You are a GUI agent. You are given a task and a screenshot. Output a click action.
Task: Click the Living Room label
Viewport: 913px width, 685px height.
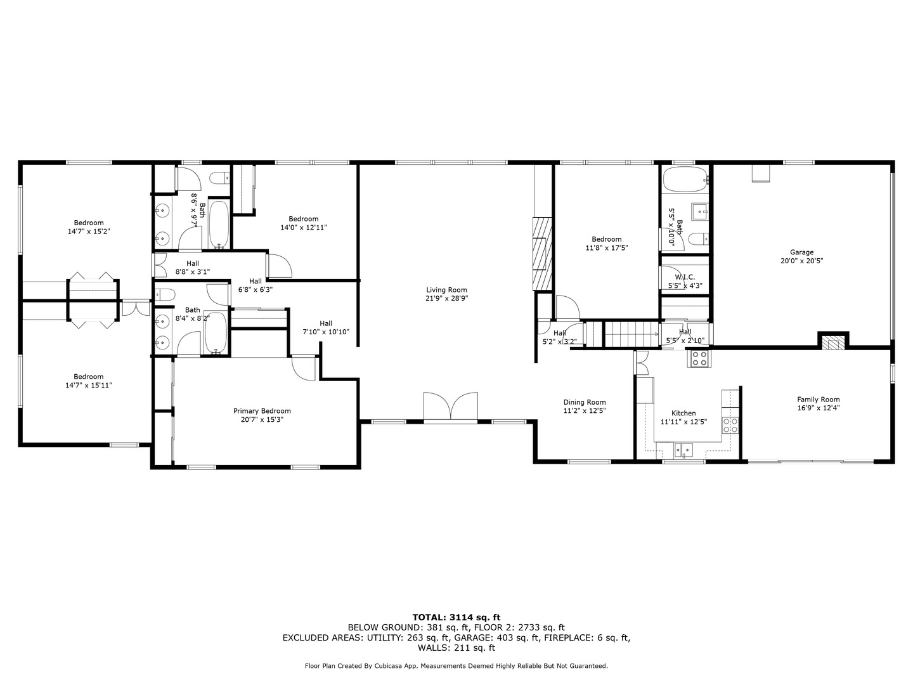click(446, 290)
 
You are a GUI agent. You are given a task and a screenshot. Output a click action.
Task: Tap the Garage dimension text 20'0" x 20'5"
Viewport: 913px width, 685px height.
click(801, 261)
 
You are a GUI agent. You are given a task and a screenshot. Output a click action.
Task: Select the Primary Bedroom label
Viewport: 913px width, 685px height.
click(262, 411)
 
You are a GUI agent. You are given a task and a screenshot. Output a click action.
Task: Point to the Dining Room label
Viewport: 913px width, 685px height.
click(585, 402)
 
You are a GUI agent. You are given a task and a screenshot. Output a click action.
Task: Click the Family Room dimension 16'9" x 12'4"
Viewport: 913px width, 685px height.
click(818, 408)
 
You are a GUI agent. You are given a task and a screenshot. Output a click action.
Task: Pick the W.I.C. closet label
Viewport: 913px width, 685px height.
click(685, 277)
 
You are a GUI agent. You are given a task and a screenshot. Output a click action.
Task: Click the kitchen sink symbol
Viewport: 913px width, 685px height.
click(683, 450)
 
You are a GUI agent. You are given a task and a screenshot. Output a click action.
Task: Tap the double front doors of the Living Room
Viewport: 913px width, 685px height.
click(450, 406)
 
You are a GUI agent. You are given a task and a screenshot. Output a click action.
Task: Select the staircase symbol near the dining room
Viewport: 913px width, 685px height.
click(631, 334)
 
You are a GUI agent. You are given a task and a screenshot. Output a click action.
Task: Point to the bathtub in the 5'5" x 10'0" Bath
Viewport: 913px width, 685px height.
click(685, 179)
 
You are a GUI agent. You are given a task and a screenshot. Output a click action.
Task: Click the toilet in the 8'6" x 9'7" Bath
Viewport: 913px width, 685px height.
click(221, 179)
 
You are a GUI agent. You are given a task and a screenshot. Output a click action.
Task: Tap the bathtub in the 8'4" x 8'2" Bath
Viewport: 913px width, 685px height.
click(216, 333)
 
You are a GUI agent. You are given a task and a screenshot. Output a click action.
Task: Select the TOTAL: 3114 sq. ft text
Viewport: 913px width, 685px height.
click(456, 617)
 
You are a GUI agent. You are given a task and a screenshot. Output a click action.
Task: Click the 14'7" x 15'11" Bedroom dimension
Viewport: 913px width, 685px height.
click(89, 385)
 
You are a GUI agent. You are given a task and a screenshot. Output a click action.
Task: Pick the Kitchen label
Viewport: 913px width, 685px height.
click(683, 413)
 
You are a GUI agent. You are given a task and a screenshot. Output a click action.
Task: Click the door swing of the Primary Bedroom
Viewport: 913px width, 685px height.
click(304, 368)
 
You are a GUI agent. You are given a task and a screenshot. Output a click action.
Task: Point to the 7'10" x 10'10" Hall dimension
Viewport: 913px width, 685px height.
click(326, 332)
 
